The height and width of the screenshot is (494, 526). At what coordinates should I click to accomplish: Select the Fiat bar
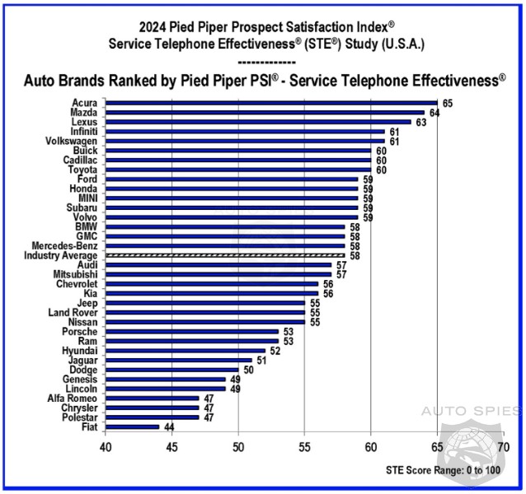pyautogui.click(x=132, y=426)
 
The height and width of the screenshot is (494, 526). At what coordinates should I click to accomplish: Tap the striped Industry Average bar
pyautogui.click(x=224, y=256)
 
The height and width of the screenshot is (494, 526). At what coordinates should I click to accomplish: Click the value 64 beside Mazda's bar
pyautogui.click(x=434, y=113)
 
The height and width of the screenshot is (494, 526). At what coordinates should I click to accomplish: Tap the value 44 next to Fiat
pyautogui.click(x=168, y=426)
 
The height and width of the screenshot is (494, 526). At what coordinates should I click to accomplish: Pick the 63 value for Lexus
pyautogui.click(x=420, y=122)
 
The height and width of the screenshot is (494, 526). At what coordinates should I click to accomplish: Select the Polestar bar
pyautogui.click(x=152, y=417)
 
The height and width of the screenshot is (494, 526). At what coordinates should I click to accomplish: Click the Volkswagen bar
pyautogui.click(x=245, y=141)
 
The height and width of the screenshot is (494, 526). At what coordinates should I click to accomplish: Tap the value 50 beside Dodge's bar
pyautogui.click(x=248, y=370)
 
